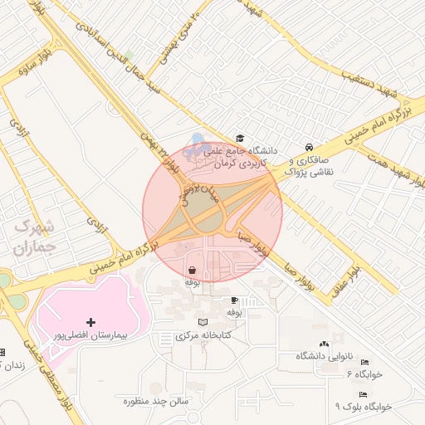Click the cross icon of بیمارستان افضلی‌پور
pos(90,321)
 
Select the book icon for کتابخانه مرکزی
pos(203,322)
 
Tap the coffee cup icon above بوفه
pos(234,300)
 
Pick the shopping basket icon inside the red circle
pos(193,270)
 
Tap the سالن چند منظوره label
pos(158,401)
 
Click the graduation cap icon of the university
pos(240,138)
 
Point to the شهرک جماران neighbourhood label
pos(34,237)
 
